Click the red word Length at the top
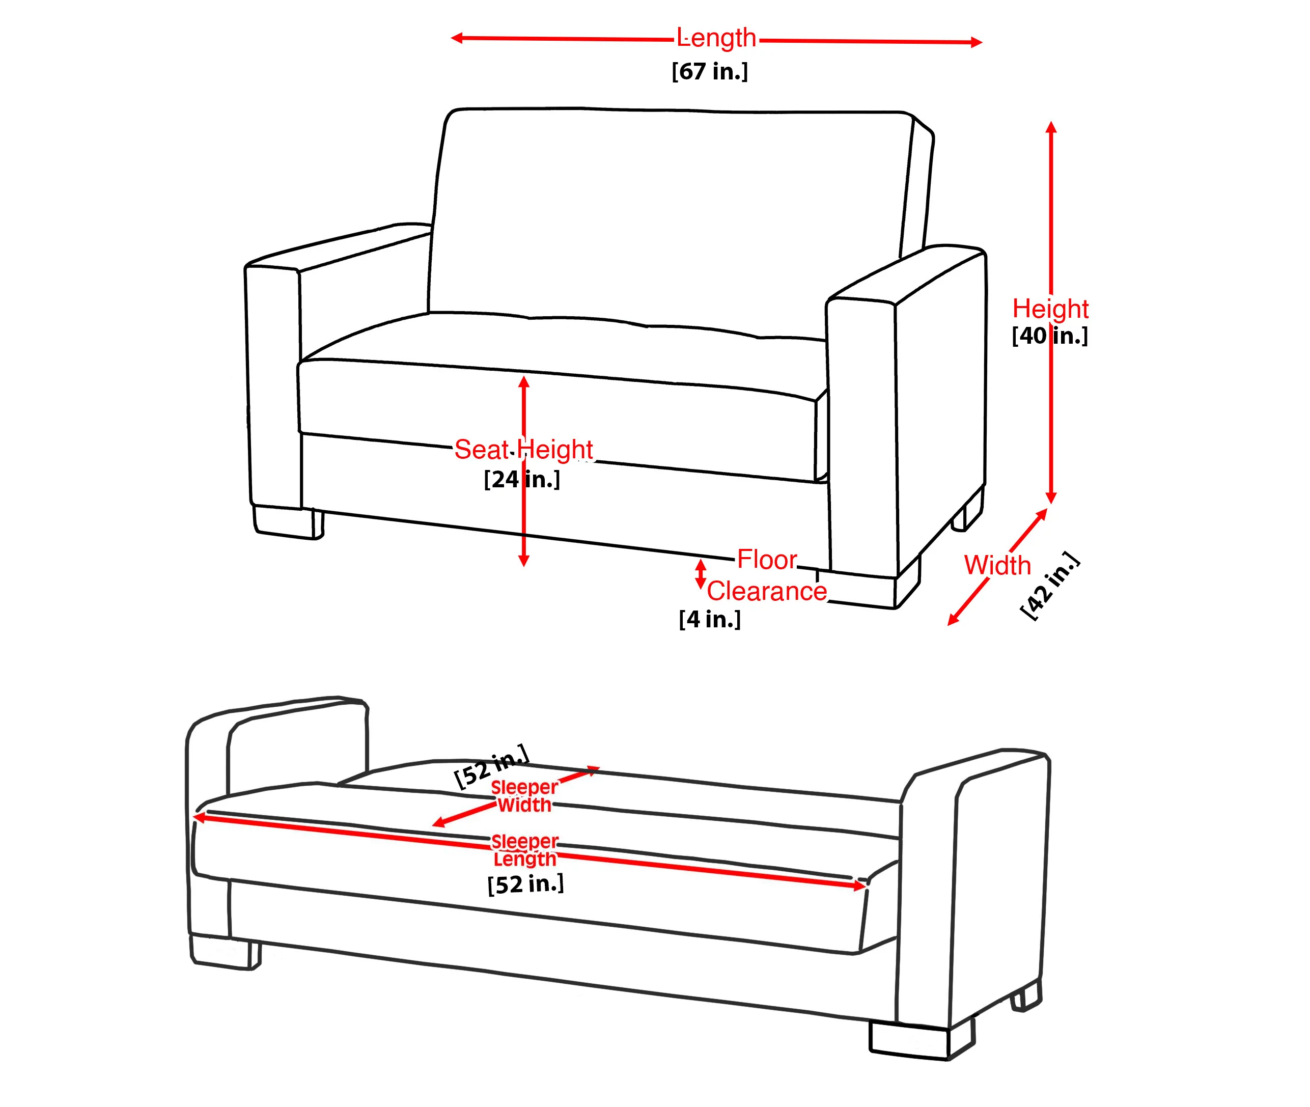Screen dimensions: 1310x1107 click(716, 38)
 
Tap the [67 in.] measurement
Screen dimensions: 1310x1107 click(710, 71)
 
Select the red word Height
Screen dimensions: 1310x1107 click(1050, 308)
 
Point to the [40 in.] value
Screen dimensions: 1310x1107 click(1050, 336)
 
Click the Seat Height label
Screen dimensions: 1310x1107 click(523, 449)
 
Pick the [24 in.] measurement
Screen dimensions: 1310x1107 click(522, 480)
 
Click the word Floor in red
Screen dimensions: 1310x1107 click(767, 559)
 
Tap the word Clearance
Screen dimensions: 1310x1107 click(767, 591)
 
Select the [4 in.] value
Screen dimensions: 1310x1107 click(710, 619)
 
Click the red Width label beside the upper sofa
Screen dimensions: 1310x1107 click(997, 565)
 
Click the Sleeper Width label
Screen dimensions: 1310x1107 click(524, 796)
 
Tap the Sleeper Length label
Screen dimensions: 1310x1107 click(524, 850)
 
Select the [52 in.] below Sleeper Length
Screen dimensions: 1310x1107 click(526, 883)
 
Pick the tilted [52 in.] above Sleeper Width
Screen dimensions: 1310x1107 click(492, 766)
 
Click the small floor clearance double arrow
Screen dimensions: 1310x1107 click(701, 574)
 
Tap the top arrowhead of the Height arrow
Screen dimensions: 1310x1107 click(1051, 127)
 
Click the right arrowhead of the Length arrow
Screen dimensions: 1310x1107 click(976, 43)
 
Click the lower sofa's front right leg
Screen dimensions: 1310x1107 click(922, 1040)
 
